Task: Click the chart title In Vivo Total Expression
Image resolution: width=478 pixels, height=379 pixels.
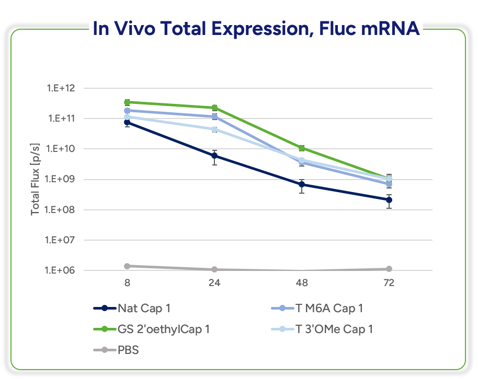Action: (256, 28)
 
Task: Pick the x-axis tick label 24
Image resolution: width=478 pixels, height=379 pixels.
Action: (214, 283)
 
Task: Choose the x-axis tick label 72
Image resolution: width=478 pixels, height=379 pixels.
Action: (389, 283)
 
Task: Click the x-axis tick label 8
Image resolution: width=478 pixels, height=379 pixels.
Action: (127, 283)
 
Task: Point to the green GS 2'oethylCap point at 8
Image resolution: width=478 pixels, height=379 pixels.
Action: (127, 102)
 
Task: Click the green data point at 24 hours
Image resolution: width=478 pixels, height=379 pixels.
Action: (214, 108)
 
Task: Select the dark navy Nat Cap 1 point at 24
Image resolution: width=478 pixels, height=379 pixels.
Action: (214, 156)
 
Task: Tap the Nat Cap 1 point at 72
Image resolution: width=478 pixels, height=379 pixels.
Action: (389, 200)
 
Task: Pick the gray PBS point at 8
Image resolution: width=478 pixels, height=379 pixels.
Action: (127, 266)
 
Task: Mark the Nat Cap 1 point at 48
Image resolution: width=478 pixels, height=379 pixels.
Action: (302, 185)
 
